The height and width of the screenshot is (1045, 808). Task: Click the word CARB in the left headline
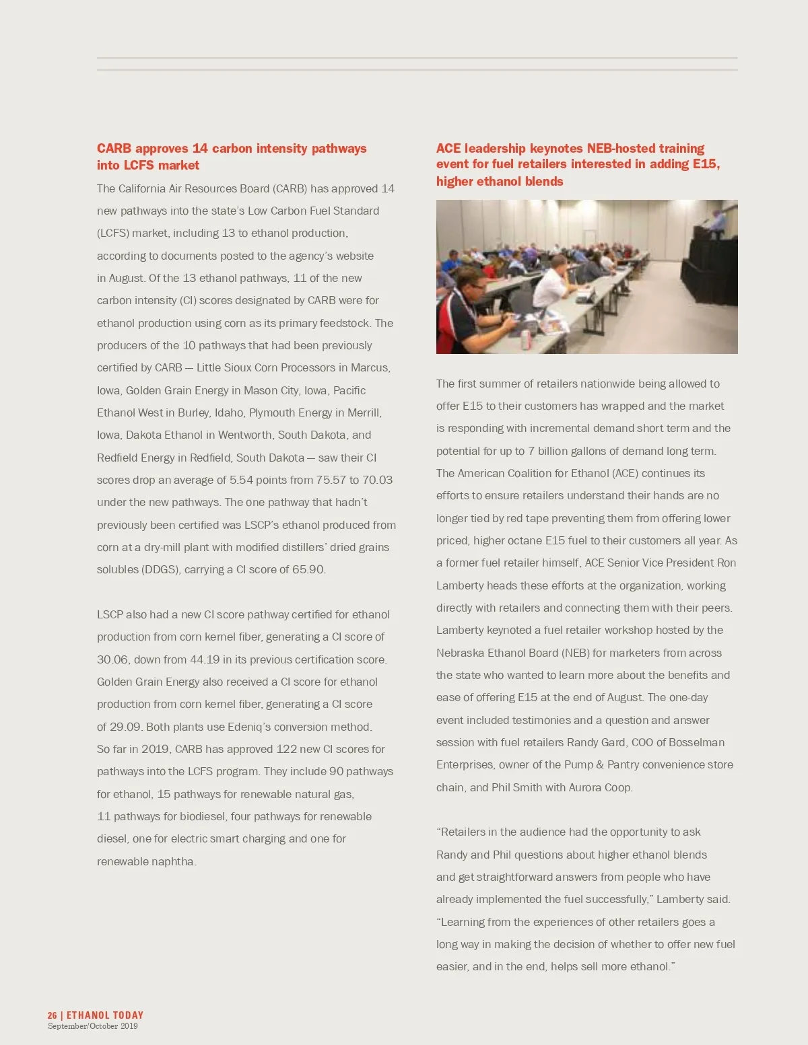(114, 149)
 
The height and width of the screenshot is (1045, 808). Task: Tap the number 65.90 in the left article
(308, 570)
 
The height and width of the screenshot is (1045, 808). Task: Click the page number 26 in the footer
(53, 1015)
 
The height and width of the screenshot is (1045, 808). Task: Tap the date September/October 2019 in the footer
(92, 1027)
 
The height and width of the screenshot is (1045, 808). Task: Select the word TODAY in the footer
(128, 1015)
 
